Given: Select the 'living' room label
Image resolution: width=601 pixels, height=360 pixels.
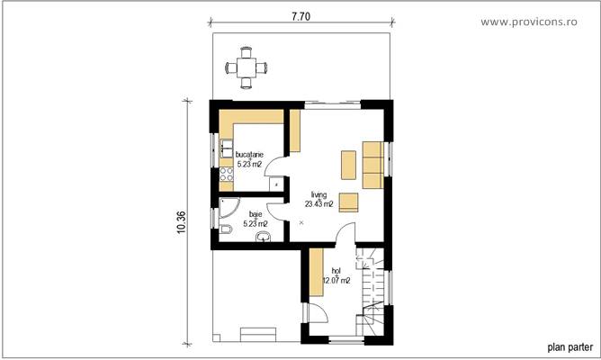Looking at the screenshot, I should coord(319,193).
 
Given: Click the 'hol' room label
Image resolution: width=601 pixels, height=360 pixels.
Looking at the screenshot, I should coord(336,270).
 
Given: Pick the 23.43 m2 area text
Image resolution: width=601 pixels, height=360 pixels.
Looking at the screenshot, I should coord(319,204).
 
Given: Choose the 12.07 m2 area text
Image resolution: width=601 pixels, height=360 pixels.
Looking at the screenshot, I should coord(336,281).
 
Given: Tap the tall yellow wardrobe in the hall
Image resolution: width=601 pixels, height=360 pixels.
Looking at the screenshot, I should coord(316,274).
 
